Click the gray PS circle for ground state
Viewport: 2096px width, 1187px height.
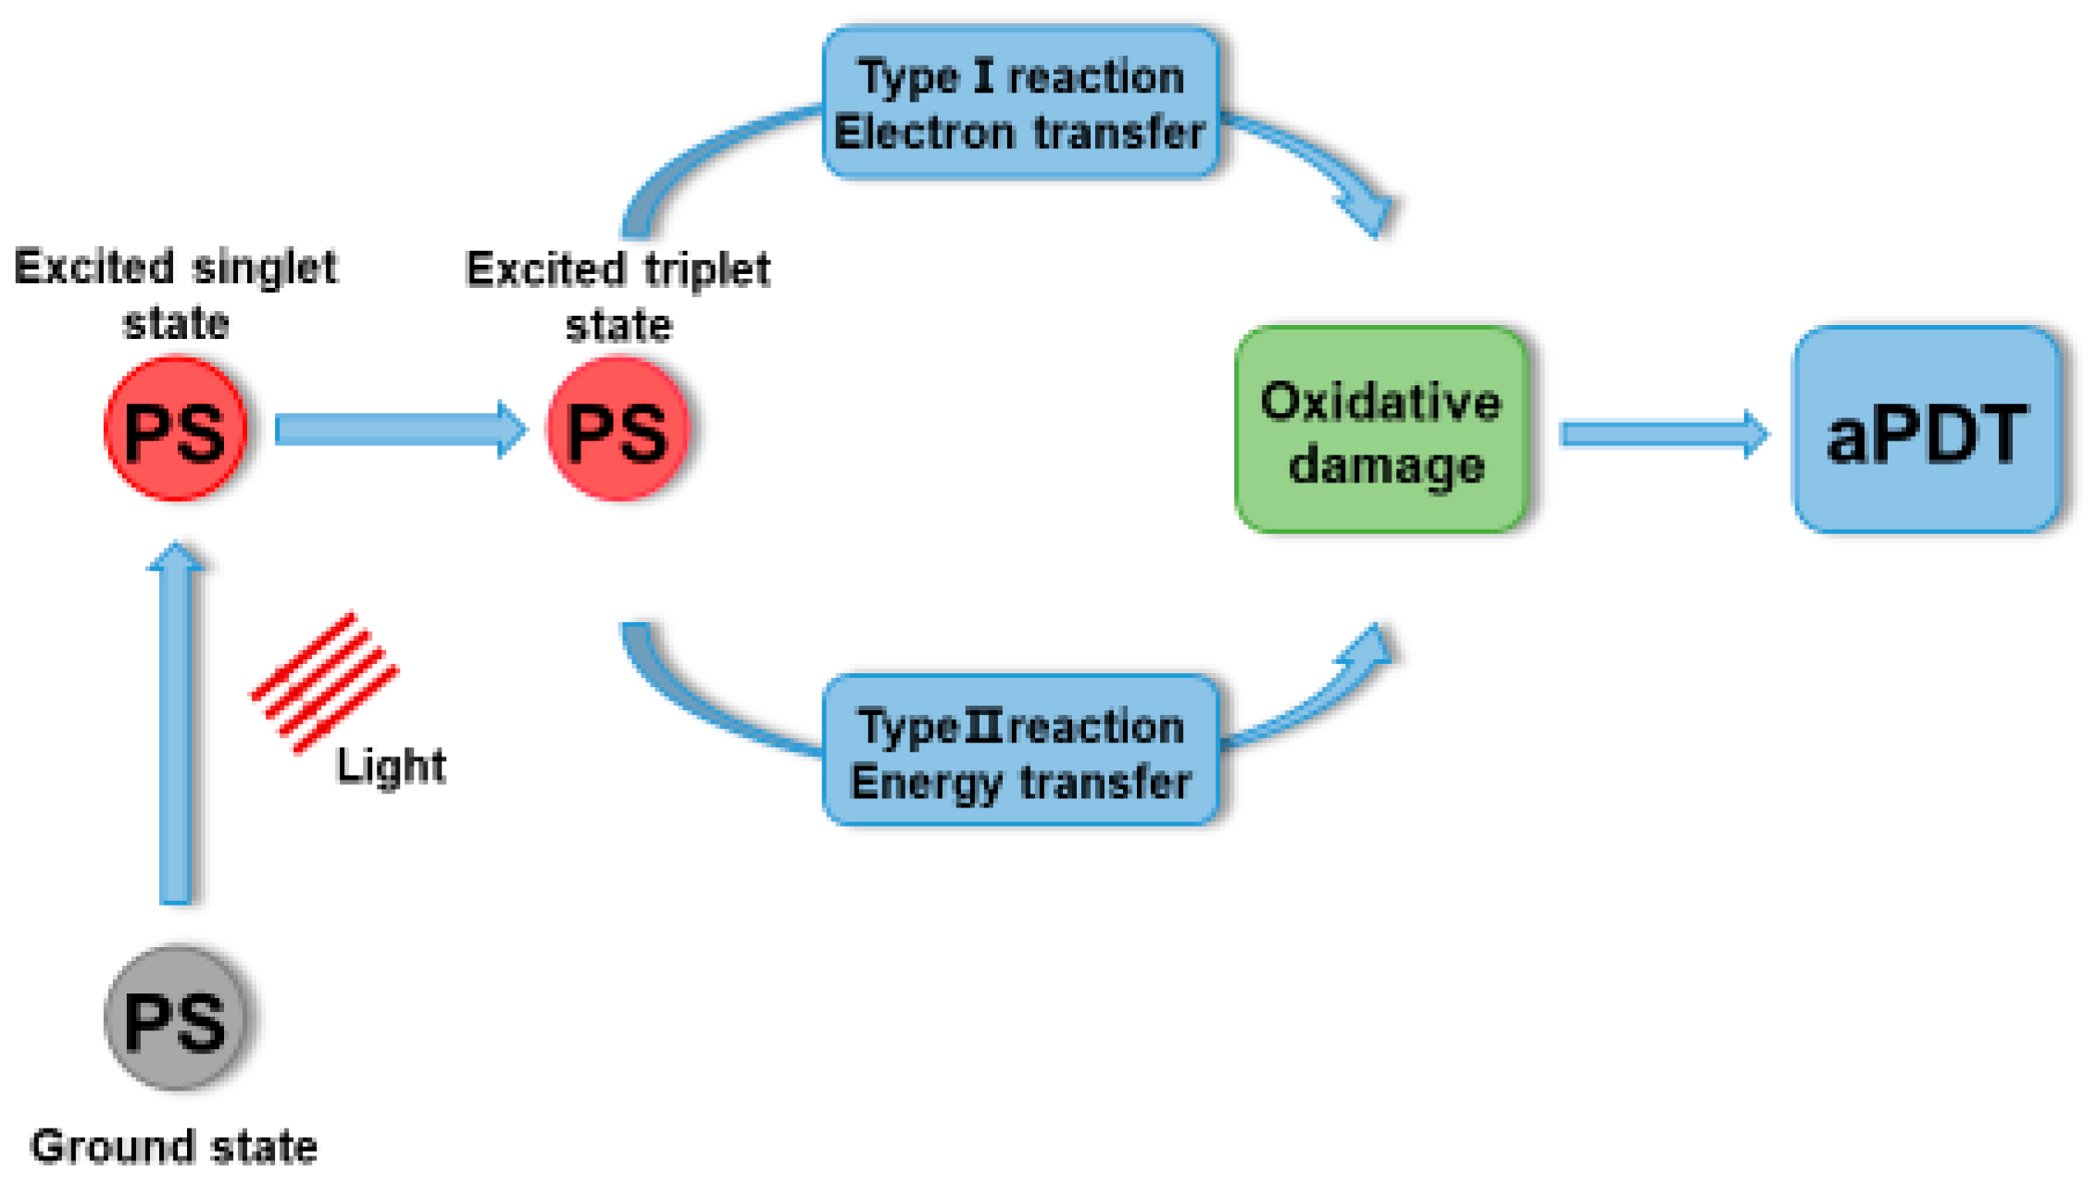point(176,1018)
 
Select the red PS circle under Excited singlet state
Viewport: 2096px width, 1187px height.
point(176,430)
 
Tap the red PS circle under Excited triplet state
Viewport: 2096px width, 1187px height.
point(618,430)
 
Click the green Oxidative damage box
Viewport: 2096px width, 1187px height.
point(1381,430)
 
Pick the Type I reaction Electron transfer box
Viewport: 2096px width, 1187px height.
point(1020,102)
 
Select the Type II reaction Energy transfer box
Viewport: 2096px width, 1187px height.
point(1020,750)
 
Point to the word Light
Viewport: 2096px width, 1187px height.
point(391,767)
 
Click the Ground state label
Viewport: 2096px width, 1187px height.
point(174,1146)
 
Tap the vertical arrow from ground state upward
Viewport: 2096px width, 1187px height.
point(176,722)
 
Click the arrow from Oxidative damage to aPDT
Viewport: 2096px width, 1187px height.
point(1663,433)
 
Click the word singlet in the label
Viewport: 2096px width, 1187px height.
point(265,269)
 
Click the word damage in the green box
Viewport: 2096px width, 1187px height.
point(1386,466)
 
